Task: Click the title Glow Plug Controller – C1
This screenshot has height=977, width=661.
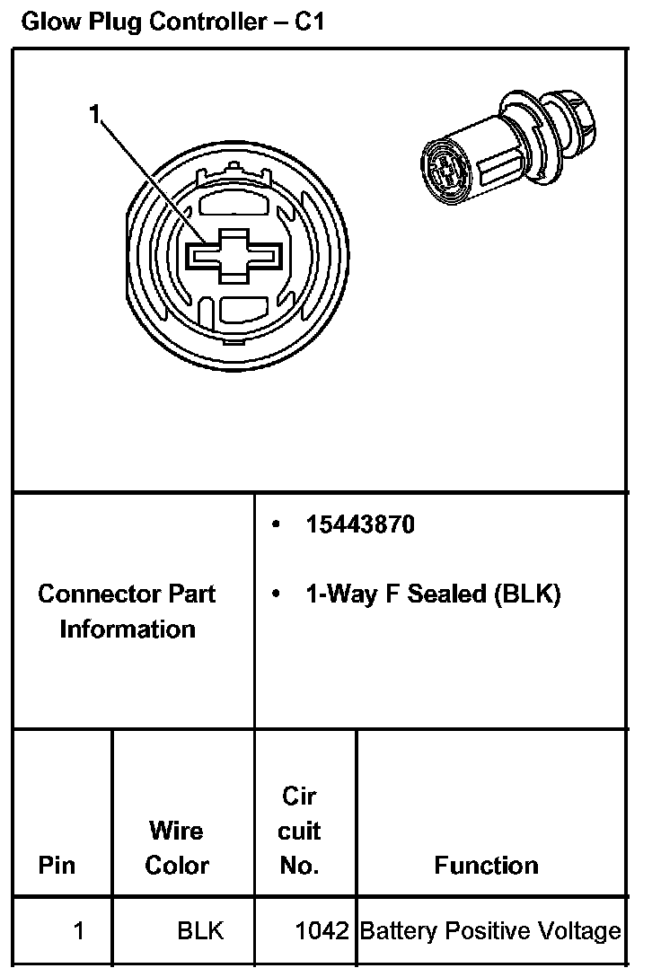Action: click(x=172, y=22)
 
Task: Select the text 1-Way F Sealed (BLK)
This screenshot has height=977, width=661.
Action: click(x=433, y=594)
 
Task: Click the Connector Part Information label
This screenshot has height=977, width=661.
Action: click(x=127, y=612)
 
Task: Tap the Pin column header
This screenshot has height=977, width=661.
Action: click(x=57, y=866)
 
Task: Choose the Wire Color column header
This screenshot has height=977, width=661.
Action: click(x=177, y=849)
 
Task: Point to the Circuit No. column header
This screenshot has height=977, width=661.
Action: click(x=299, y=831)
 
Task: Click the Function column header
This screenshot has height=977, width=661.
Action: click(x=486, y=866)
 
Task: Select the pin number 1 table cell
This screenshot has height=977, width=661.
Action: click(x=78, y=931)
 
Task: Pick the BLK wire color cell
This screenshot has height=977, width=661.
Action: click(x=200, y=931)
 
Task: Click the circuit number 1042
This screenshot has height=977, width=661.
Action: click(x=322, y=931)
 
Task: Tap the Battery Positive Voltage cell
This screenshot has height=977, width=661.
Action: click(x=489, y=931)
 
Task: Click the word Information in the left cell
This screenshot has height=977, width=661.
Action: click(x=127, y=629)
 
